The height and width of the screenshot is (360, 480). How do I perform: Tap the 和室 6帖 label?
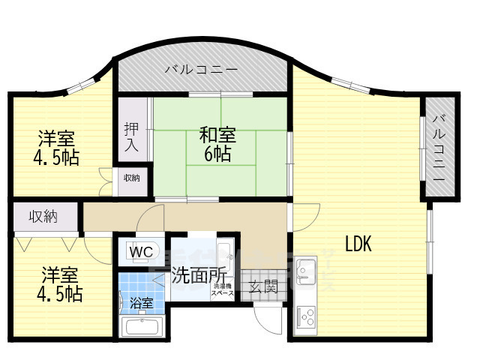(217, 144)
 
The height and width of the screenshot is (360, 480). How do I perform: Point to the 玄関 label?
(263, 286)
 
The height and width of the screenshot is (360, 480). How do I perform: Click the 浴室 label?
(142, 304)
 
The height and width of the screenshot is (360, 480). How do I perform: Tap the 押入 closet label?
(131, 136)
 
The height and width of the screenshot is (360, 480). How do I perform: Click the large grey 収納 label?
(43, 217)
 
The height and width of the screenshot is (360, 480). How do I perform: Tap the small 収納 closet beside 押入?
(131, 178)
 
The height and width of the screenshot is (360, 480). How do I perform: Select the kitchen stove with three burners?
(306, 317)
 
